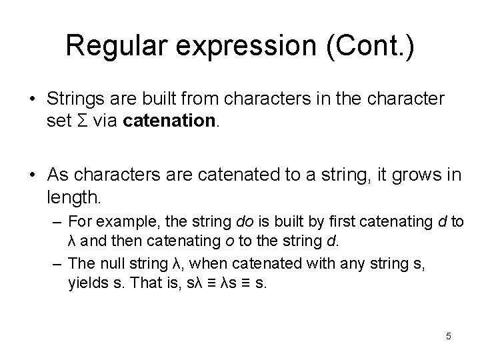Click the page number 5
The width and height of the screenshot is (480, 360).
click(x=449, y=336)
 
